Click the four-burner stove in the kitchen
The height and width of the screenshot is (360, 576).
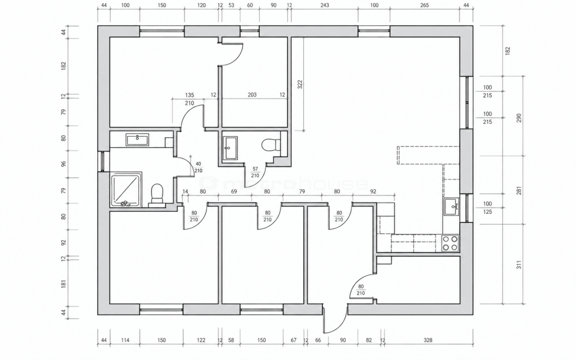(x=450, y=243)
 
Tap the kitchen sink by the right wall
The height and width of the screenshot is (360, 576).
(x=451, y=207)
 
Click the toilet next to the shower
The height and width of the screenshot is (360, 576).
(x=157, y=193)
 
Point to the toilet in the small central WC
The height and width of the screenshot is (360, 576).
(x=272, y=145)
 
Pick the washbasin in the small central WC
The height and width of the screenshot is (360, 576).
(x=230, y=148)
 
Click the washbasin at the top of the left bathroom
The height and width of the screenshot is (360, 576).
(x=137, y=139)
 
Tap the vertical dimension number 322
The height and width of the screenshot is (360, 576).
(x=300, y=84)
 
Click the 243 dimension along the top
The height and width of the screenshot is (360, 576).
(x=325, y=5)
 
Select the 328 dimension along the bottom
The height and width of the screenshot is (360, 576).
(x=428, y=340)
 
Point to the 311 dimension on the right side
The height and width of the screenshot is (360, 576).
(x=519, y=265)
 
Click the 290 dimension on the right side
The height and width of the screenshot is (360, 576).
(x=519, y=118)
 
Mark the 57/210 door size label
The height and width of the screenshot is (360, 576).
(x=255, y=172)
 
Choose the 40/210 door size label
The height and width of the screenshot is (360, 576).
(x=199, y=167)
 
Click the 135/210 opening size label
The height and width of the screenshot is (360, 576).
(x=189, y=99)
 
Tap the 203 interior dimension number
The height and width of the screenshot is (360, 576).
(x=252, y=94)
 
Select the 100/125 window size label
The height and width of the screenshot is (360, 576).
(x=487, y=208)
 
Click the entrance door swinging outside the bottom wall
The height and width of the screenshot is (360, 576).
(x=335, y=318)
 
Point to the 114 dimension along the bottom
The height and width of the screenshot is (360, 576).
(x=125, y=340)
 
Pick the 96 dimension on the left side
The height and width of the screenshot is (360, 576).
(x=64, y=164)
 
